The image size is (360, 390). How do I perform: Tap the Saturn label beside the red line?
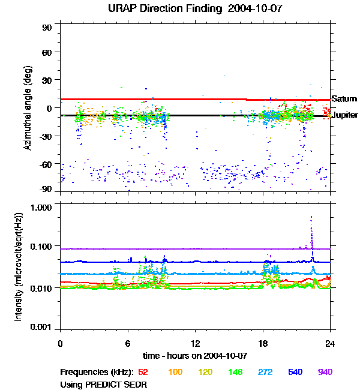click(344, 99)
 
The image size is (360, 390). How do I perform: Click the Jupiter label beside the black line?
click(345, 115)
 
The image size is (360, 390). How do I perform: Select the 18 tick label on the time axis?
click(263, 343)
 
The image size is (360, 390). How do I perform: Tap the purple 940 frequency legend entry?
click(325, 372)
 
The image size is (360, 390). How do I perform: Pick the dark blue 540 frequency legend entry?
click(295, 372)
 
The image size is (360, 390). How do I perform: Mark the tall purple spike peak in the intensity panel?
click(311, 217)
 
